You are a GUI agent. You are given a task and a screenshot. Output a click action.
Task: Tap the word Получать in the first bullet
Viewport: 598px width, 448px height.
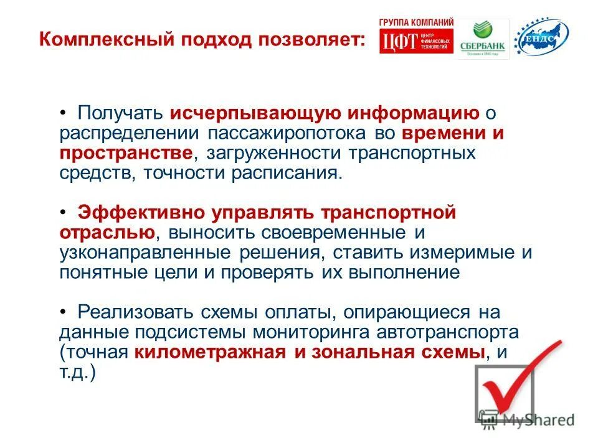pyautogui.click(x=118, y=114)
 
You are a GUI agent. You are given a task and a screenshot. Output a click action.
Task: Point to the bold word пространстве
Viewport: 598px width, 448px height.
pyautogui.click(x=126, y=153)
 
